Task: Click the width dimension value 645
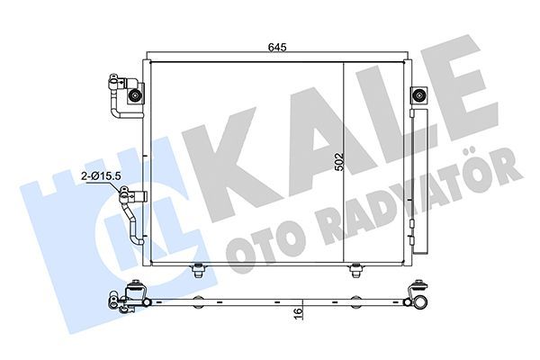276,48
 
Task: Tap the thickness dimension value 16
298,313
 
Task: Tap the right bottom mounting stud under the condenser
356,269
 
